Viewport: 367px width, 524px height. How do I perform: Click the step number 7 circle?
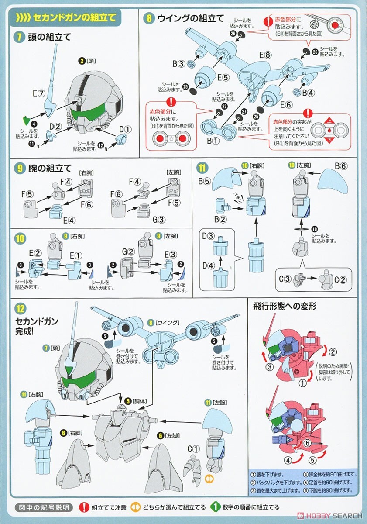(x=19, y=37)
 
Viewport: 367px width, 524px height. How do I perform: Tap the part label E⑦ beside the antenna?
(x=38, y=93)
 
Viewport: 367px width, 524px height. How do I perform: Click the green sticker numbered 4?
(x=26, y=121)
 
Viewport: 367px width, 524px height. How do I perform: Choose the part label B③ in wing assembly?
(x=178, y=64)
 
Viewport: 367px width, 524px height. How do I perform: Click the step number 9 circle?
(x=19, y=168)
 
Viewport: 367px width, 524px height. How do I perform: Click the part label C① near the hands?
(x=193, y=449)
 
